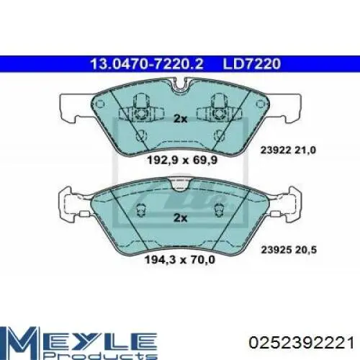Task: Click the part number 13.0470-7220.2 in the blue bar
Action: (147, 64)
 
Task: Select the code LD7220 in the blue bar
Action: (252, 64)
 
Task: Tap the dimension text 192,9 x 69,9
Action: (182, 160)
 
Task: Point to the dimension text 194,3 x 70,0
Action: (180, 259)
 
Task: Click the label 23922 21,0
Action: (288, 150)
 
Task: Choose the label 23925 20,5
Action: (289, 250)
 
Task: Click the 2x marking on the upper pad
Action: (180, 119)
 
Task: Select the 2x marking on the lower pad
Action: (180, 217)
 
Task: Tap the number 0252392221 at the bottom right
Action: (302, 343)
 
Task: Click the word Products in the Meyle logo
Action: (101, 354)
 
